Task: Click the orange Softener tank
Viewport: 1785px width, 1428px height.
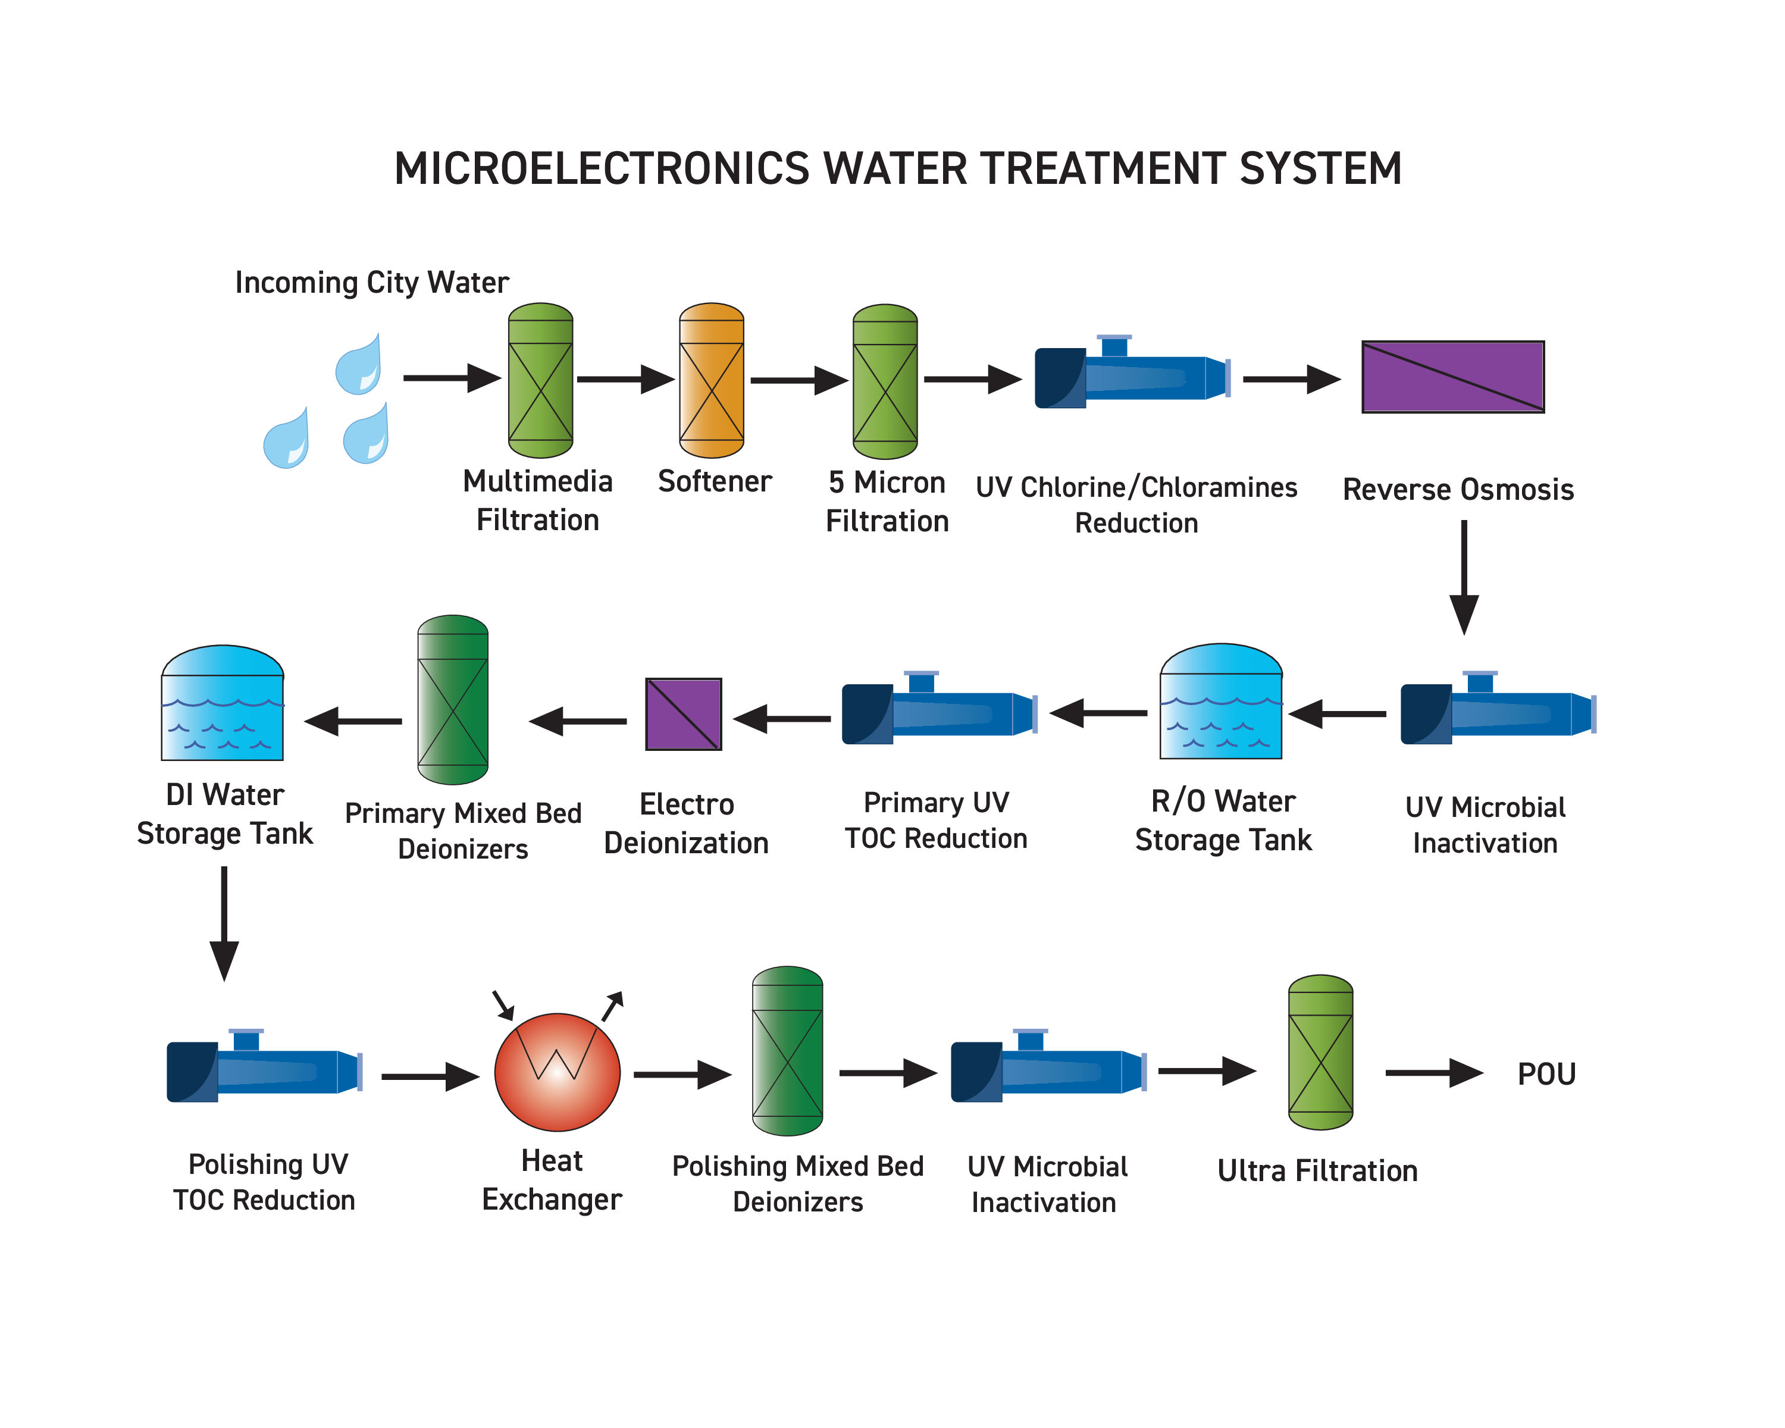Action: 711,380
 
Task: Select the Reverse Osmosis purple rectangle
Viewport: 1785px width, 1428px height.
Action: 1452,377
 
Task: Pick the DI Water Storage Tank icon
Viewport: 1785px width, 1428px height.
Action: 223,704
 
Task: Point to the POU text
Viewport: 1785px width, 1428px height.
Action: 1546,1074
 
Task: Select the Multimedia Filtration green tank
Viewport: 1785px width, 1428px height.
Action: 540,380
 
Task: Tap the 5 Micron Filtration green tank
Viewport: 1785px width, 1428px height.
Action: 885,381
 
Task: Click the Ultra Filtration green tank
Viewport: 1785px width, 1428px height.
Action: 1320,1052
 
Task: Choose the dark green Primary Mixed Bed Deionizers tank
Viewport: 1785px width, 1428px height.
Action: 453,700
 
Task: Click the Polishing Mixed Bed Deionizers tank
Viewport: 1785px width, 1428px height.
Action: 787,1051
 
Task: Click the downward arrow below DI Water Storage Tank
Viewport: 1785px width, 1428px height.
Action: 224,923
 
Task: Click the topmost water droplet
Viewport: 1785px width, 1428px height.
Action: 359,365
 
